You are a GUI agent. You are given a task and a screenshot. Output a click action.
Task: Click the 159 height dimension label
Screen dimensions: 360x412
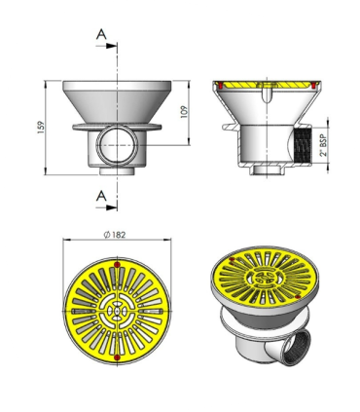click(41, 128)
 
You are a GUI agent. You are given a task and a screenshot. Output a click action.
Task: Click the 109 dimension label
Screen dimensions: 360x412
click(184, 112)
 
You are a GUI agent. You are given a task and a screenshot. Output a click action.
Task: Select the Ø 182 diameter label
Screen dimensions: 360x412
click(115, 235)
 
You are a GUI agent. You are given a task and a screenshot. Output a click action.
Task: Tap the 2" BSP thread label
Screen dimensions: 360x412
click(324, 144)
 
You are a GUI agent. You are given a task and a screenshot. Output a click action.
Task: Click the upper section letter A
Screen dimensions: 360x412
click(101, 34)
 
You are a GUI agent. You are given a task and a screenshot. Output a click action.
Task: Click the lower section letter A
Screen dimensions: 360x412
click(101, 196)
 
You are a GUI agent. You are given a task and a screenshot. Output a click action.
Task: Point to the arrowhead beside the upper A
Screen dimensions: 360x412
click(112, 46)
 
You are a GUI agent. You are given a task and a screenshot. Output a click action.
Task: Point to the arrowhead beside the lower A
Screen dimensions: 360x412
click(112, 207)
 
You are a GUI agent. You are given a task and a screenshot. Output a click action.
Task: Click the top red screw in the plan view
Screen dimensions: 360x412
click(117, 265)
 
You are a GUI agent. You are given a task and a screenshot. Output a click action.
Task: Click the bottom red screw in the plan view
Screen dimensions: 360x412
click(117, 357)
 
